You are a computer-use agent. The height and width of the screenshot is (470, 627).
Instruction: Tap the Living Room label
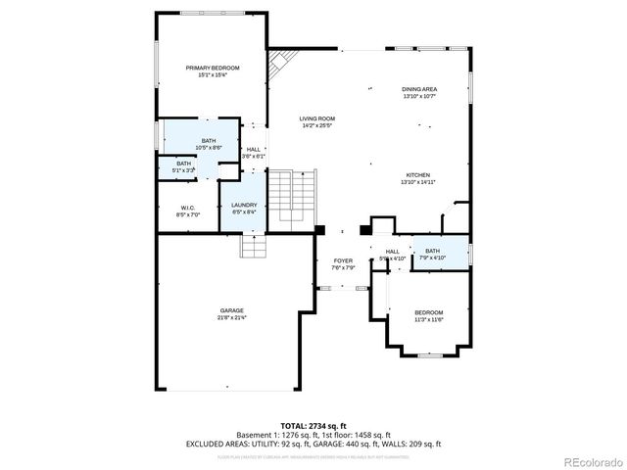316,119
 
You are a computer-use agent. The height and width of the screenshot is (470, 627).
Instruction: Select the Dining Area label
419,89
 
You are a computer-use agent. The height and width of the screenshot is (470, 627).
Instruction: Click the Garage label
231,310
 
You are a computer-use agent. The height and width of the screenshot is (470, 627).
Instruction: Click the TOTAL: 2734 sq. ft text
313,426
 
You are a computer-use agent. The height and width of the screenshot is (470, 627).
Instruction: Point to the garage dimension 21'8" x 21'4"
231,317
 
